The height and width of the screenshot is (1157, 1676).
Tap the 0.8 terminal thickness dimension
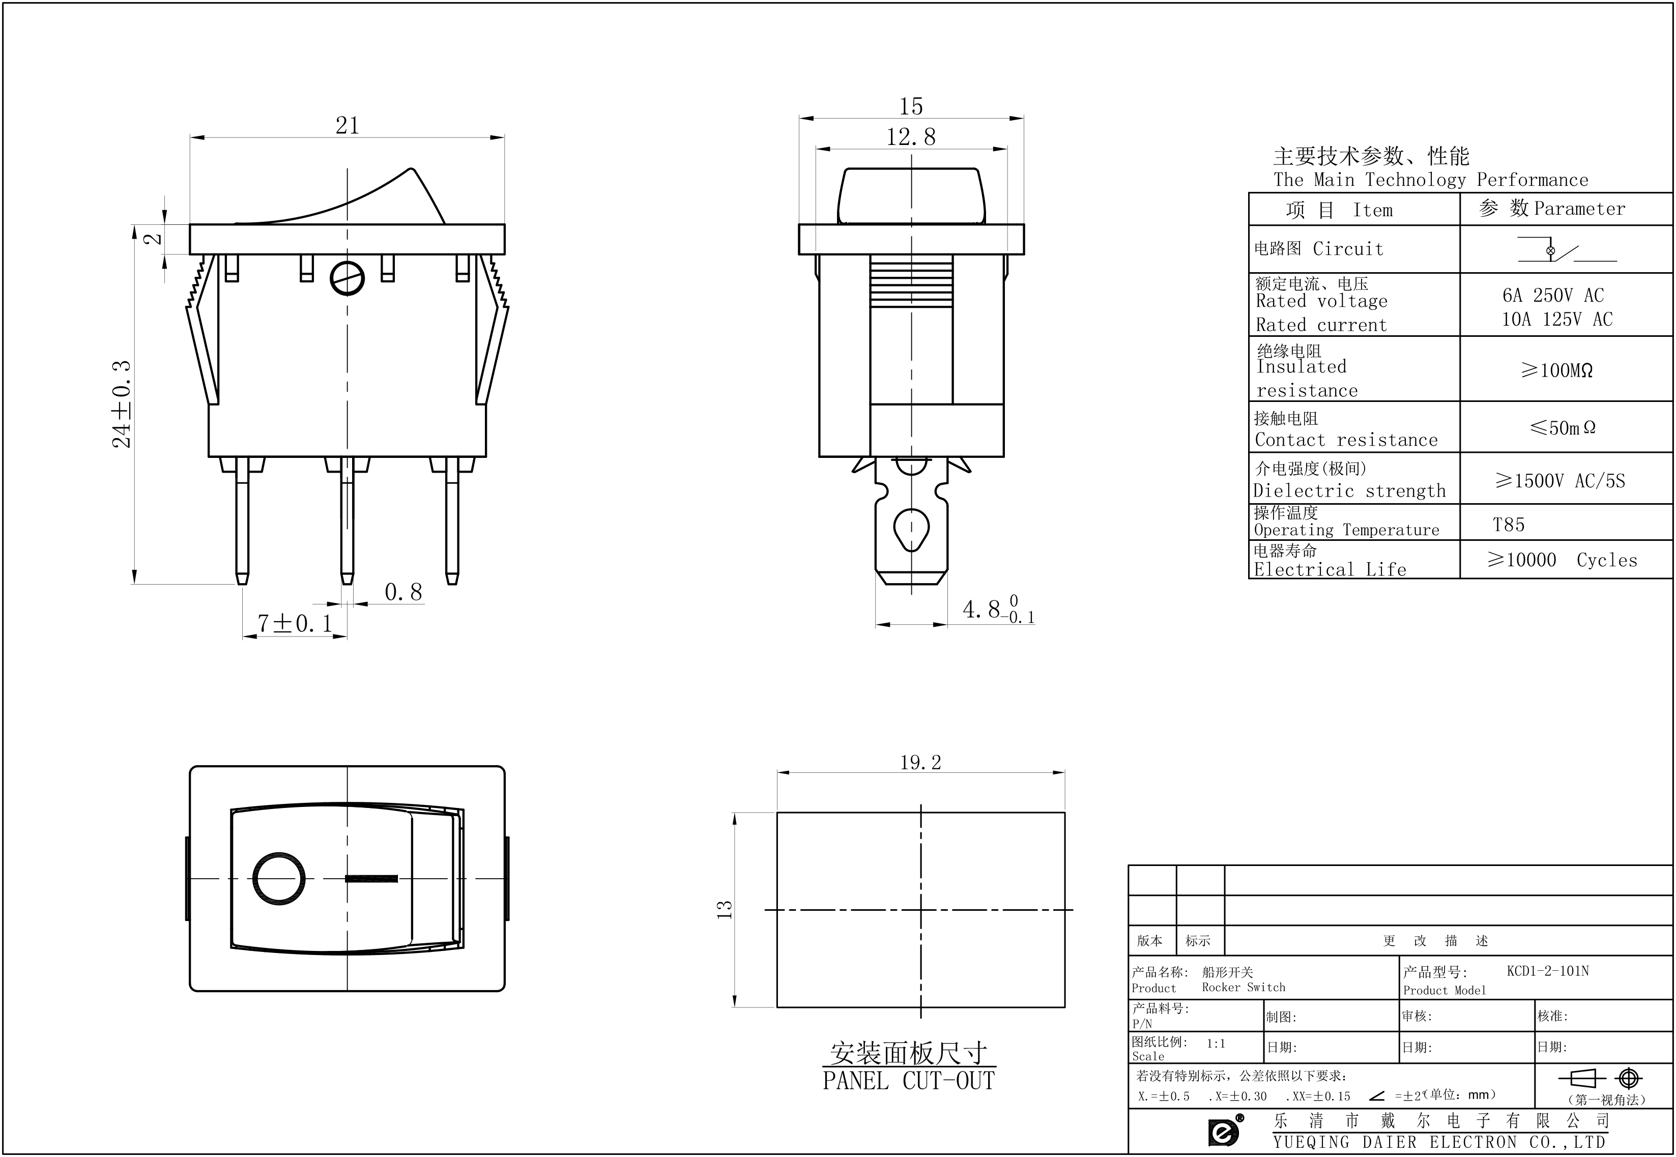403,592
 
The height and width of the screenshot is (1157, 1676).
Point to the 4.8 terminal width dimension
997,610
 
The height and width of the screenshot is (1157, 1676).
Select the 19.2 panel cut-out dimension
920,763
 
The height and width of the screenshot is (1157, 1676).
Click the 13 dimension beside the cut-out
724,909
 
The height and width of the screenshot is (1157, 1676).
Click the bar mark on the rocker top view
371,879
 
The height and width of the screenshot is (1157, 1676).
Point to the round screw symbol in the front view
346,278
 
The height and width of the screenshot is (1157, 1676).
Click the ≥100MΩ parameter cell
1556,370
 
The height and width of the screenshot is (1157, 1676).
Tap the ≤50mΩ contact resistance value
1562,428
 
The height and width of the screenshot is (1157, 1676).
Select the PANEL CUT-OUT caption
908,1081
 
